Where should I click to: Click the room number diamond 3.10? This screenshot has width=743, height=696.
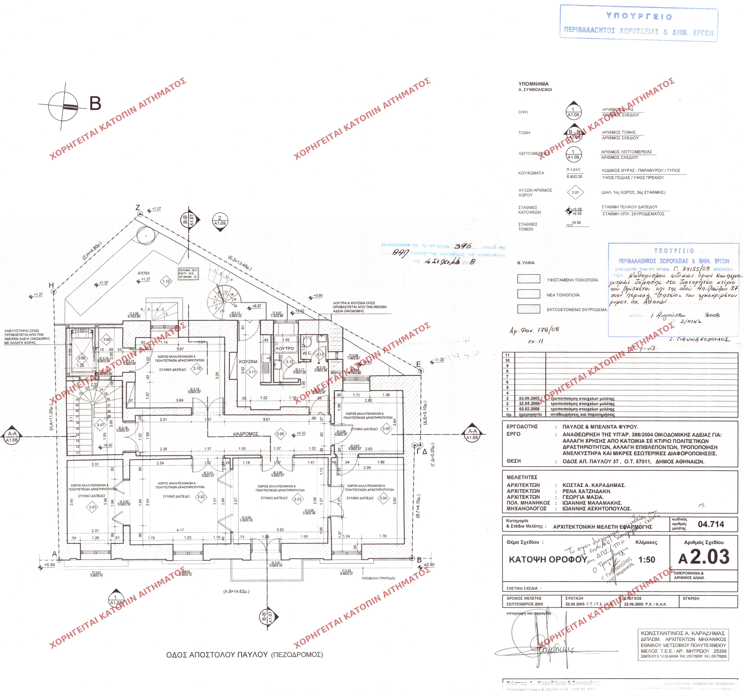click(x=197, y=368)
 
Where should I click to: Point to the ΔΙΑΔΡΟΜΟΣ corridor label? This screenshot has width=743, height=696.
click(x=246, y=434)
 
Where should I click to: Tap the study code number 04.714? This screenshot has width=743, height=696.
click(x=711, y=524)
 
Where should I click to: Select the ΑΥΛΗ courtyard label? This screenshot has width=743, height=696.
click(x=143, y=273)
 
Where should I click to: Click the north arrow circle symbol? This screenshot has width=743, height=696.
click(x=63, y=107)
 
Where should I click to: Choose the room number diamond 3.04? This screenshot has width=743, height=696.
click(x=383, y=498)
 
